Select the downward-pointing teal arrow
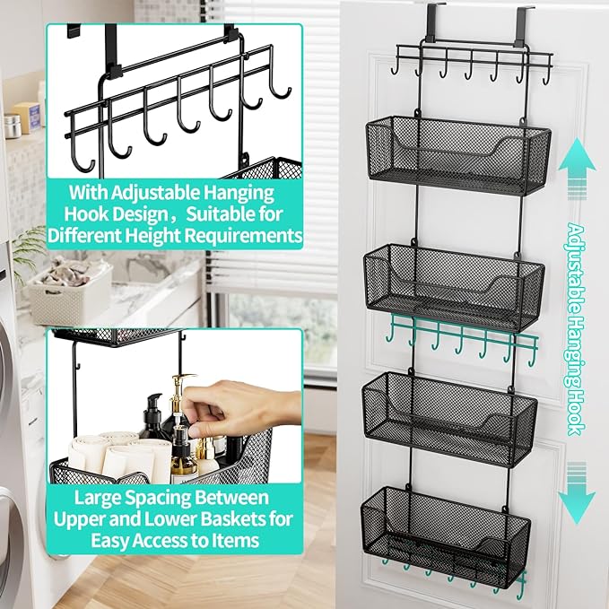578,492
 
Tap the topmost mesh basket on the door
458,154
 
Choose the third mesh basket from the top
449,418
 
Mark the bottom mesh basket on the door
446,537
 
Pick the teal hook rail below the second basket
462,339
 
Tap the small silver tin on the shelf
13,126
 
